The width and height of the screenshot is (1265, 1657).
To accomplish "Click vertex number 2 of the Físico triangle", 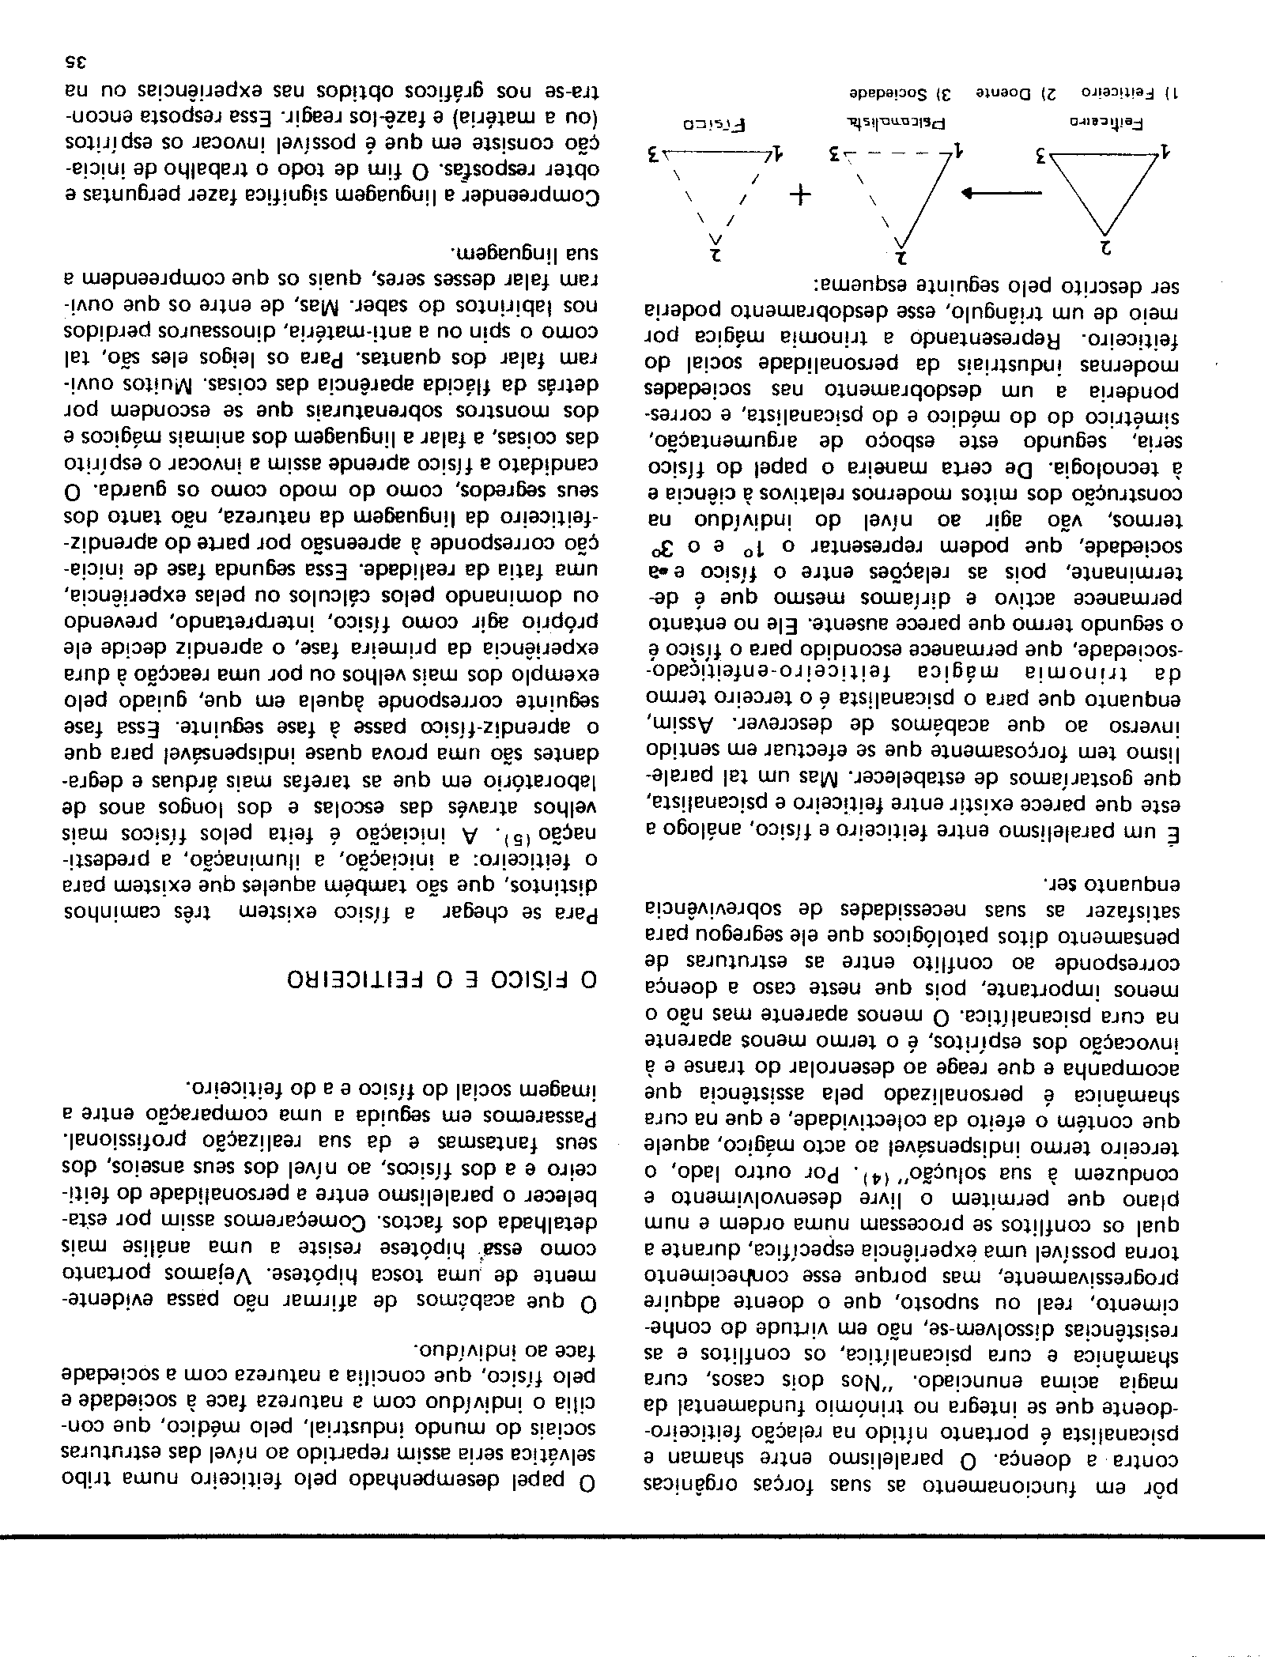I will pyautogui.click(x=717, y=255).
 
